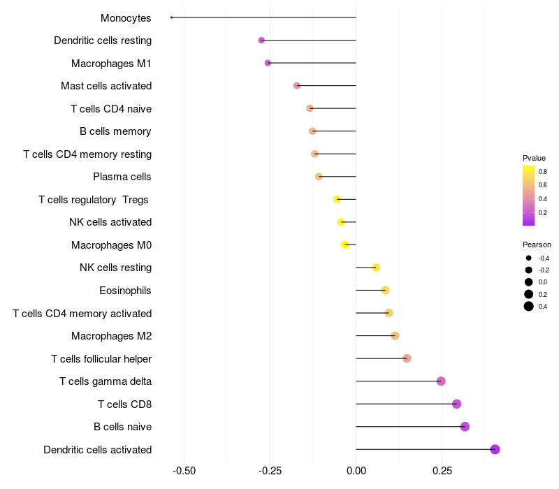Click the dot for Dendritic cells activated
(495, 449)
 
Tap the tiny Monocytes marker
(171, 17)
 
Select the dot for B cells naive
(465, 427)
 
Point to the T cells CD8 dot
(456, 404)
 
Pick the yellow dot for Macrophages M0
(344, 245)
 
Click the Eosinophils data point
(385, 290)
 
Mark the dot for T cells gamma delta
(441, 381)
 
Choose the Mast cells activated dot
(297, 85)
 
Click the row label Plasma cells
(122, 177)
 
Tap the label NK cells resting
(115, 268)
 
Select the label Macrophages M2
(111, 336)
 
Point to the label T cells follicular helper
(101, 358)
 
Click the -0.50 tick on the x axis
(184, 471)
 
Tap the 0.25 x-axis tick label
(442, 471)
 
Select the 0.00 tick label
(356, 471)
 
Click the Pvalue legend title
(534, 158)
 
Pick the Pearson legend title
(537, 245)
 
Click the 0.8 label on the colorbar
(542, 171)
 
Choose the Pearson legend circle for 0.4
(529, 306)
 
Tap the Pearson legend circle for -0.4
(529, 258)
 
